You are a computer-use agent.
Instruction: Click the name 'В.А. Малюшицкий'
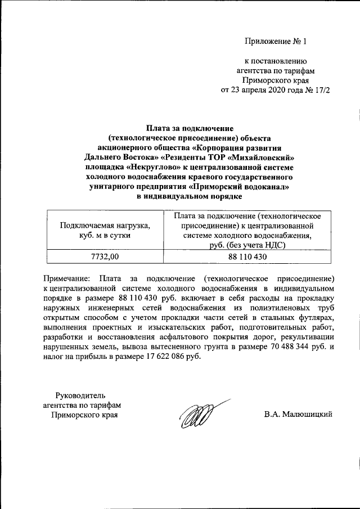point(299,415)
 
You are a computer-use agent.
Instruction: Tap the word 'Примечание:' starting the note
point(66,278)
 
